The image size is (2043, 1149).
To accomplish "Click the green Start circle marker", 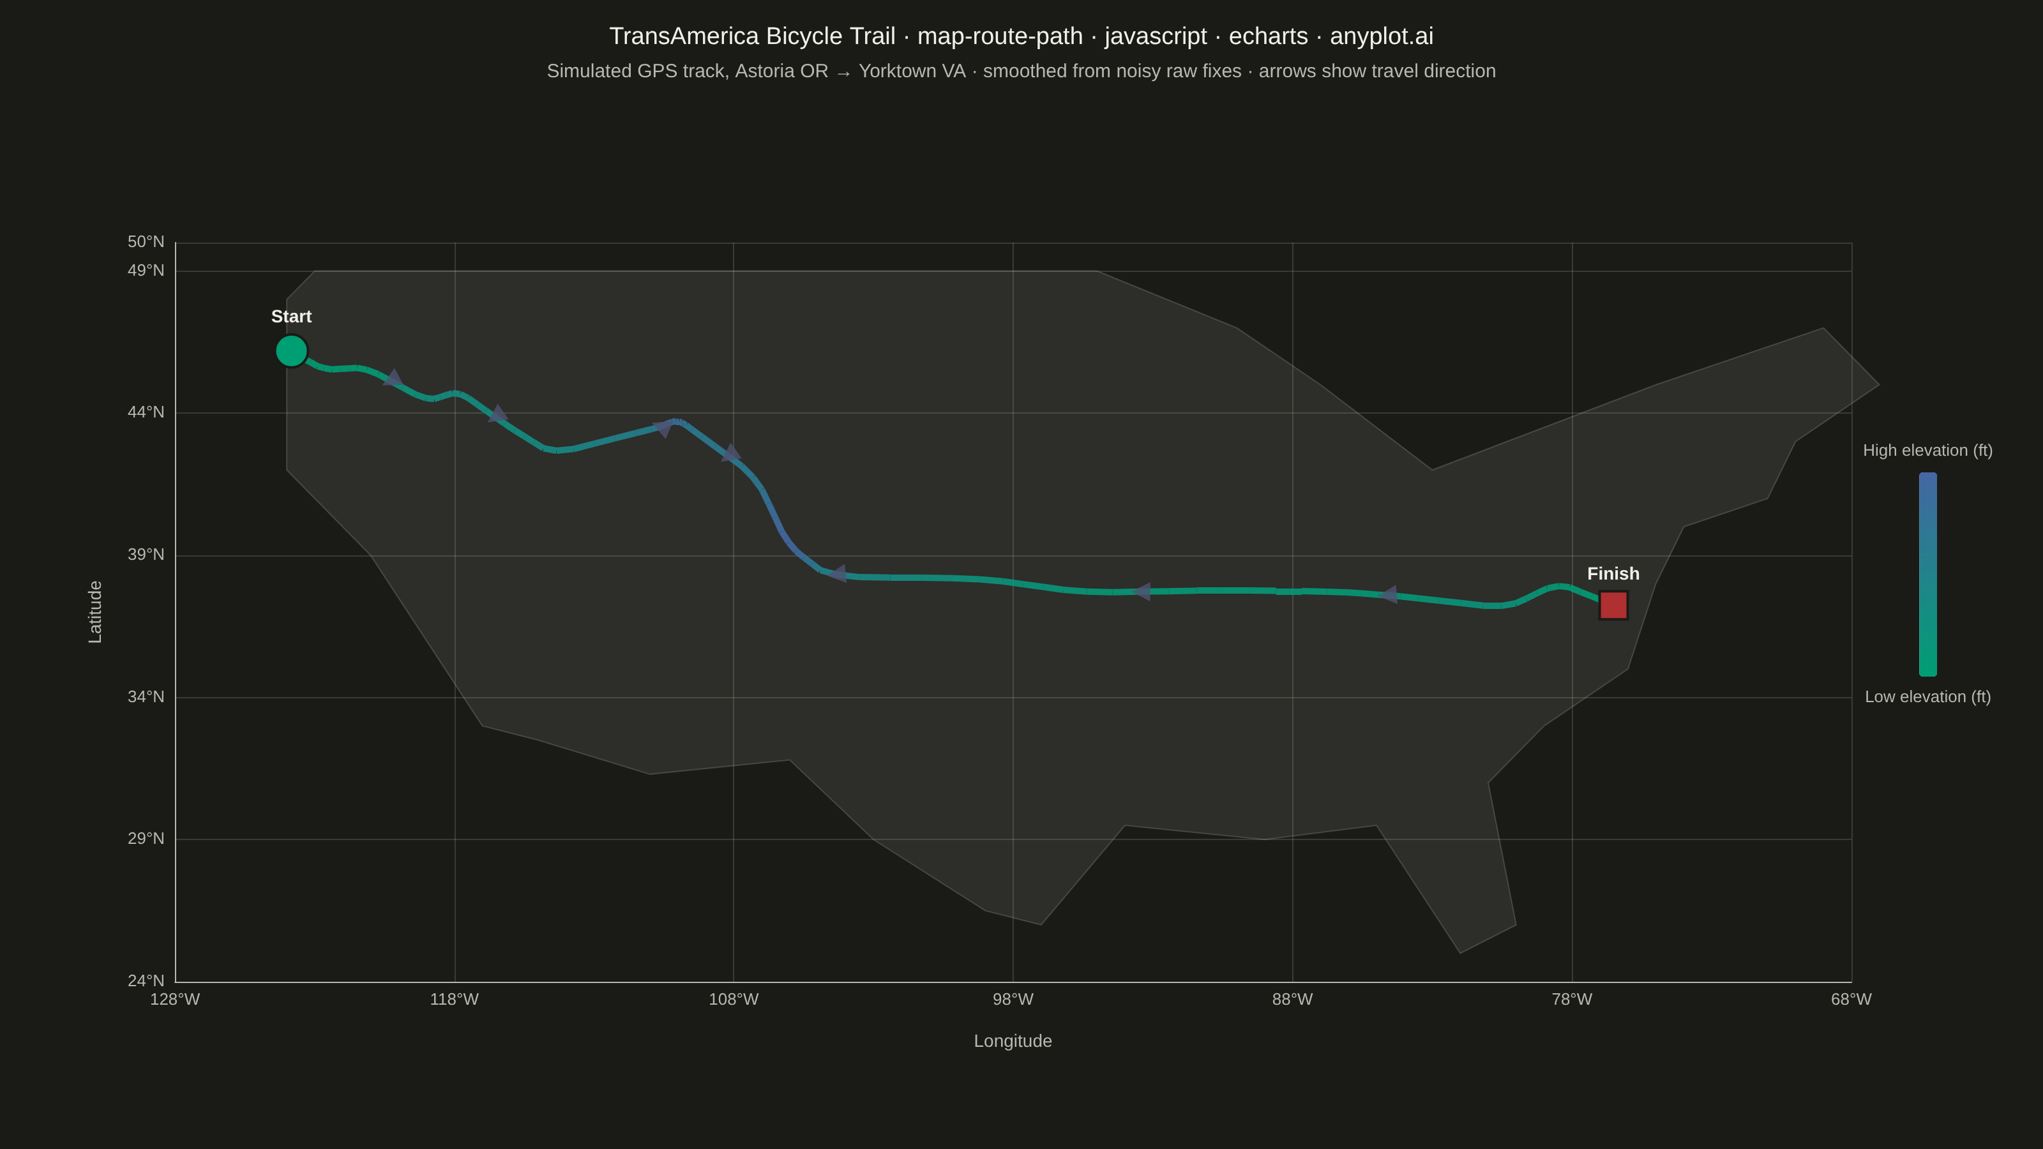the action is [291, 350].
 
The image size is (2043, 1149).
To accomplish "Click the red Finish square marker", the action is [1613, 605].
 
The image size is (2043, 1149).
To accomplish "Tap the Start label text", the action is [291, 317].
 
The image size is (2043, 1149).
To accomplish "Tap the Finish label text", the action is [1613, 573].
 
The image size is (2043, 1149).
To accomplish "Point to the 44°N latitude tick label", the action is [146, 412].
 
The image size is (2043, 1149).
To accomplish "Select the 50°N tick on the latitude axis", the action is [146, 242].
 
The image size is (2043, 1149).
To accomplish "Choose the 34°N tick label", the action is [146, 697].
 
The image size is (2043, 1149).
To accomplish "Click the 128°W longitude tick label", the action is [176, 999].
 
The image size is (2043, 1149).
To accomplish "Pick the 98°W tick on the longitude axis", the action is [1013, 999].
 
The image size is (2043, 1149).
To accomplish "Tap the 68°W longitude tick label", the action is [1851, 999].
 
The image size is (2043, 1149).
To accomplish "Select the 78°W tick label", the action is [1572, 999].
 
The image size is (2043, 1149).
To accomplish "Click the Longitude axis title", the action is [1013, 1041].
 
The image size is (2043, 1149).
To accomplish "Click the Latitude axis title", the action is [95, 612].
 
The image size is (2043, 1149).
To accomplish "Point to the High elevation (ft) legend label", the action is [1927, 451].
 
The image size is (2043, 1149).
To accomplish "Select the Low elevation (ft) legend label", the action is [1927, 697].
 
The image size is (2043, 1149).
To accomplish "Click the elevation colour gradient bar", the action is [1927, 574].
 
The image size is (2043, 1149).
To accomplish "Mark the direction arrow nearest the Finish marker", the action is [1388, 595].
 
